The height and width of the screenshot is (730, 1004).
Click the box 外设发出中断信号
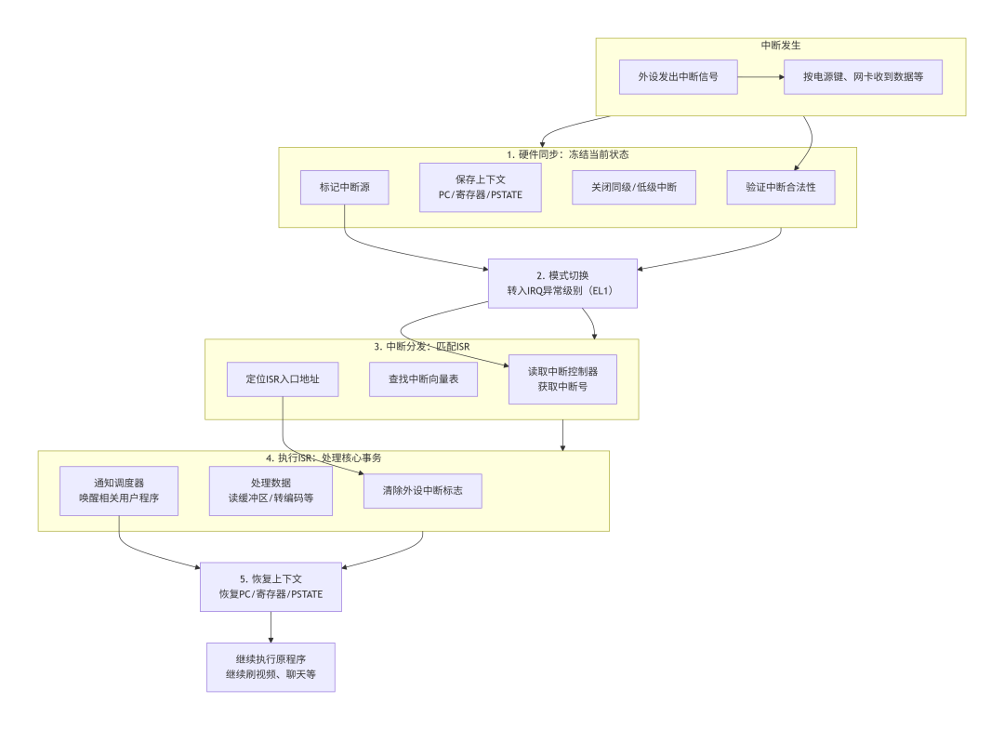[x=678, y=77]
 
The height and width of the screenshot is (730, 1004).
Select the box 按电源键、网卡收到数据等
[x=863, y=77]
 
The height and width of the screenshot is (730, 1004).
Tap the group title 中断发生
[x=780, y=45]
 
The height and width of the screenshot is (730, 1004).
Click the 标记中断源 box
[x=344, y=187]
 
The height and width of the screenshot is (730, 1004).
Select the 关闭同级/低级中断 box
[x=633, y=187]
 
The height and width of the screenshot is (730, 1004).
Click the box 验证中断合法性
[x=780, y=187]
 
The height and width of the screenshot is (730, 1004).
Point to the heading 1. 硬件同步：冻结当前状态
[x=567, y=154]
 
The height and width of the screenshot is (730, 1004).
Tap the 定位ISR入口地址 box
[x=282, y=379]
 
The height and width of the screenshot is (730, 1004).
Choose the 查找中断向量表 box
[x=423, y=379]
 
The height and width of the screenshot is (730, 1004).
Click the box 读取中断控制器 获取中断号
[x=561, y=378]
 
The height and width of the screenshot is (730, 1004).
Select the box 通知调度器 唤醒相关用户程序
[x=119, y=490]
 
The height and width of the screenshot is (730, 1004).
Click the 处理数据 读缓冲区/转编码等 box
[x=271, y=490]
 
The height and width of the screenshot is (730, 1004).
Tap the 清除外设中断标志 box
[x=422, y=490]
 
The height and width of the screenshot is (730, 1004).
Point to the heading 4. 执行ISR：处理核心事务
[x=323, y=458]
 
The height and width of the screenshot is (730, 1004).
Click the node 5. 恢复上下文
[x=271, y=586]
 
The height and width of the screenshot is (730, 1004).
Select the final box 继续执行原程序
[x=271, y=667]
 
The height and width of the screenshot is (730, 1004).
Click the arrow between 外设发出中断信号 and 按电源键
[x=760, y=77]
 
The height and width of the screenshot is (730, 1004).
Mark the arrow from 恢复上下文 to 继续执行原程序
[x=271, y=627]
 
